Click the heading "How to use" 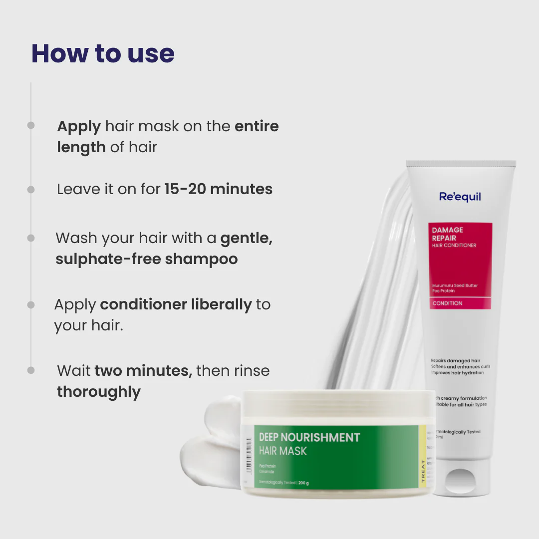tap(103, 54)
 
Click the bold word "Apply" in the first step tap(79, 126)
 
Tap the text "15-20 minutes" tap(219, 189)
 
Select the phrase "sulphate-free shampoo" tap(146, 259)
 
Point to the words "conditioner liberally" tap(176, 304)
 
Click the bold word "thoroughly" tap(99, 392)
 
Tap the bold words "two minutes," tap(143, 371)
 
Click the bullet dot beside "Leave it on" tap(31, 190)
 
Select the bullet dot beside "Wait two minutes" tap(31, 370)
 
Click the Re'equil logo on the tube tap(460, 197)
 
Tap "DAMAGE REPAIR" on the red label tap(448, 234)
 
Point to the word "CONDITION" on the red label tap(447, 303)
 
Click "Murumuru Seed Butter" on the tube tap(455, 285)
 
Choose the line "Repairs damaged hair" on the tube tap(455, 360)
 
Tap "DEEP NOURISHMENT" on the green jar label tap(309, 437)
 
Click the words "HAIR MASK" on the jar tap(282, 451)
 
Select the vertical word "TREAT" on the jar tap(423, 469)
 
